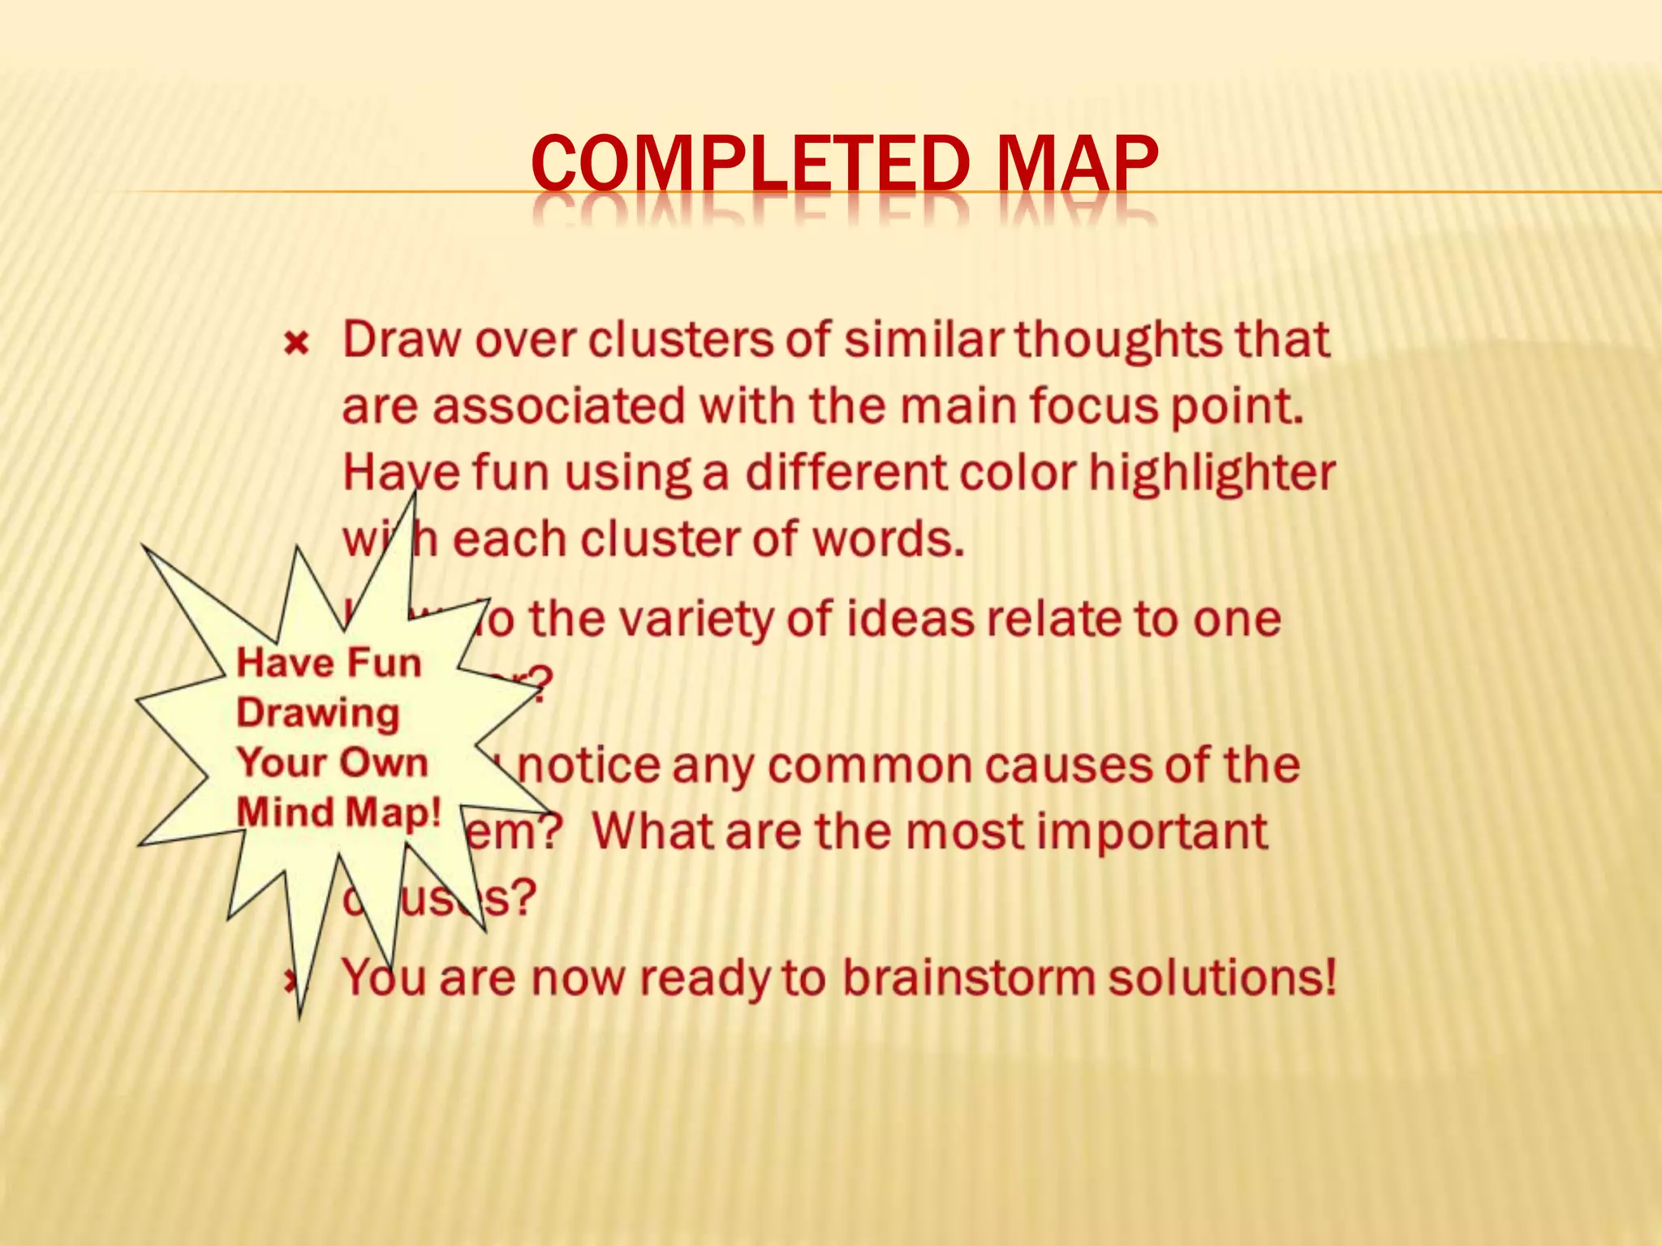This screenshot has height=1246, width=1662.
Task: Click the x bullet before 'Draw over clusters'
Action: point(296,344)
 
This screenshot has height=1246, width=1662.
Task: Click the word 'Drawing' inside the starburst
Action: point(318,714)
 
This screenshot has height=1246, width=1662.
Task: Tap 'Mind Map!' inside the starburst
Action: point(338,812)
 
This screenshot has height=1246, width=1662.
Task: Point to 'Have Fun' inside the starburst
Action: point(329,663)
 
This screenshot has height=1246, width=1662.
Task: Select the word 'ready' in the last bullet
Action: point(704,979)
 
